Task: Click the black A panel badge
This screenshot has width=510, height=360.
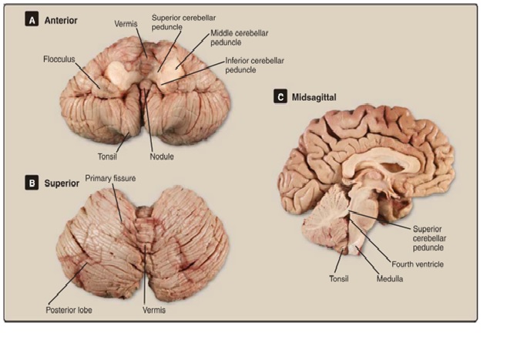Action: tap(32, 20)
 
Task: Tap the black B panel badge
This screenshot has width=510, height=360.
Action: tap(32, 183)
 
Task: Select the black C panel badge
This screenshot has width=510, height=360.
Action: tap(280, 96)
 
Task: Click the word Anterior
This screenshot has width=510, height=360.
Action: tap(61, 20)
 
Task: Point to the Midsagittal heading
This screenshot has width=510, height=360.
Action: tap(314, 97)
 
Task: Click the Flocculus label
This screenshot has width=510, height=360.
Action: tap(59, 59)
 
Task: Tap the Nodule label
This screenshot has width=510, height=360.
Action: tap(162, 156)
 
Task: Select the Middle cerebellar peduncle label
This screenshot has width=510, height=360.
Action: tap(239, 38)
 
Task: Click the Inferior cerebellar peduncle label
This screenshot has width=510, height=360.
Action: tap(254, 65)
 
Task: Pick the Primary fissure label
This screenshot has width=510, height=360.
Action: tap(110, 178)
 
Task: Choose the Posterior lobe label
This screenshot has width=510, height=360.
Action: tap(69, 310)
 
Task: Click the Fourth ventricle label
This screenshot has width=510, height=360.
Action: tap(418, 264)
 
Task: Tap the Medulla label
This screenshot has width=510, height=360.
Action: tap(390, 278)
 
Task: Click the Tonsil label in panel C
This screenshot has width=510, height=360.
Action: tap(339, 278)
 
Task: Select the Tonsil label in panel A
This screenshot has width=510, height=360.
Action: tap(107, 156)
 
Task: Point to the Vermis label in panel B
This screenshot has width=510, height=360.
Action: tap(154, 310)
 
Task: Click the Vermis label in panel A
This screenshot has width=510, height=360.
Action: tap(126, 24)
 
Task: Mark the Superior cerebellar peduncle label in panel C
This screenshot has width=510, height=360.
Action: tap(429, 238)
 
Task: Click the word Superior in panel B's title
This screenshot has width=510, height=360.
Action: tap(62, 183)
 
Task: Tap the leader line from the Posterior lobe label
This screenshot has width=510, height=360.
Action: tap(68, 284)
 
